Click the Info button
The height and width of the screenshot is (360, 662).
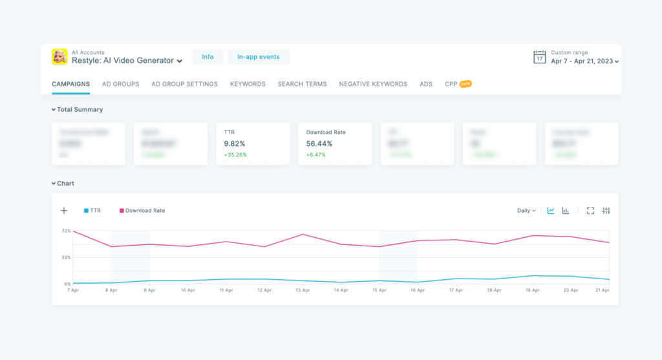208,57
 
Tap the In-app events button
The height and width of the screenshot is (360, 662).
258,57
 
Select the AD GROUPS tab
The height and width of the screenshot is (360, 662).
120,84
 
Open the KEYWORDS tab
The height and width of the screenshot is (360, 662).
248,84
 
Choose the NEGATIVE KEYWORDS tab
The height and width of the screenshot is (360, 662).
373,84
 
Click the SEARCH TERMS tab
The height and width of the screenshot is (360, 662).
302,84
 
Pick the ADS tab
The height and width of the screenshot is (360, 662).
426,84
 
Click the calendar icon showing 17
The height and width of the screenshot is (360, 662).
539,57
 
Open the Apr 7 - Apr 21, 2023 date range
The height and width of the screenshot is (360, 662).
584,61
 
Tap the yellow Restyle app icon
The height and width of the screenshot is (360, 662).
59,57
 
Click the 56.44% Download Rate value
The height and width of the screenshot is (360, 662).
319,143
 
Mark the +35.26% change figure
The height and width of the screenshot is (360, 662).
235,155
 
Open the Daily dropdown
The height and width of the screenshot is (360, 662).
526,211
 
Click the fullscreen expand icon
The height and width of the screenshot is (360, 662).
590,211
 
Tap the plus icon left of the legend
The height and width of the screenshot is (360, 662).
64,211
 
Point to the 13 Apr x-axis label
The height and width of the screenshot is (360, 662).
303,290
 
